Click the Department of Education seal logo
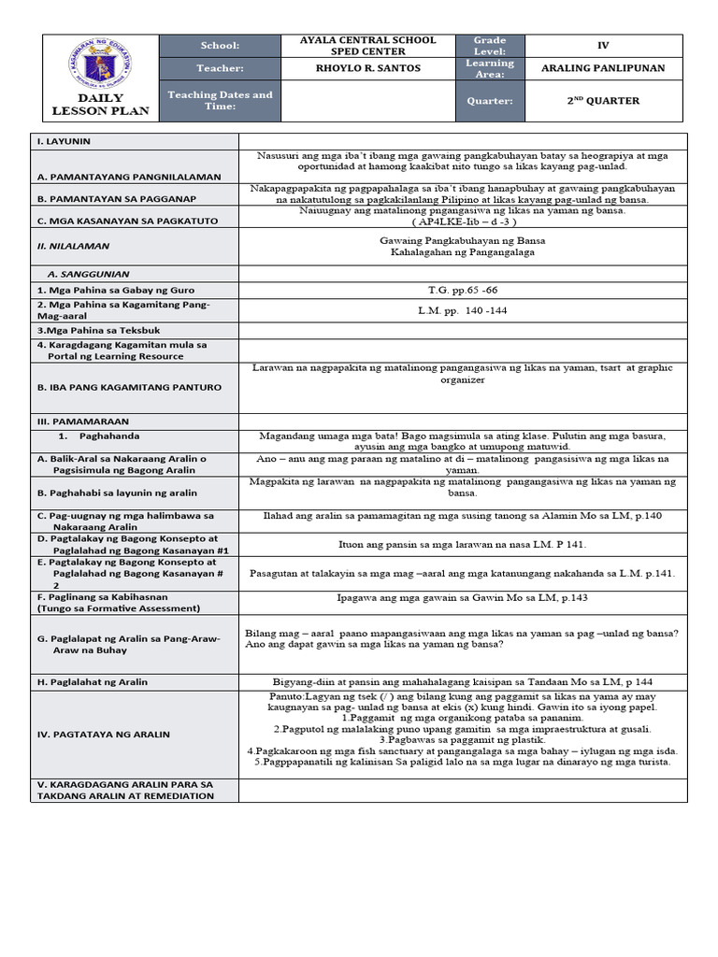pos(100,64)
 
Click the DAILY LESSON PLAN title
pos(100,105)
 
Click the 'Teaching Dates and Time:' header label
pos(220,101)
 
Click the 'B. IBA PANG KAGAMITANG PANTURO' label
pos(129,386)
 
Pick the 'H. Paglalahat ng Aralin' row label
pos(93,681)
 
